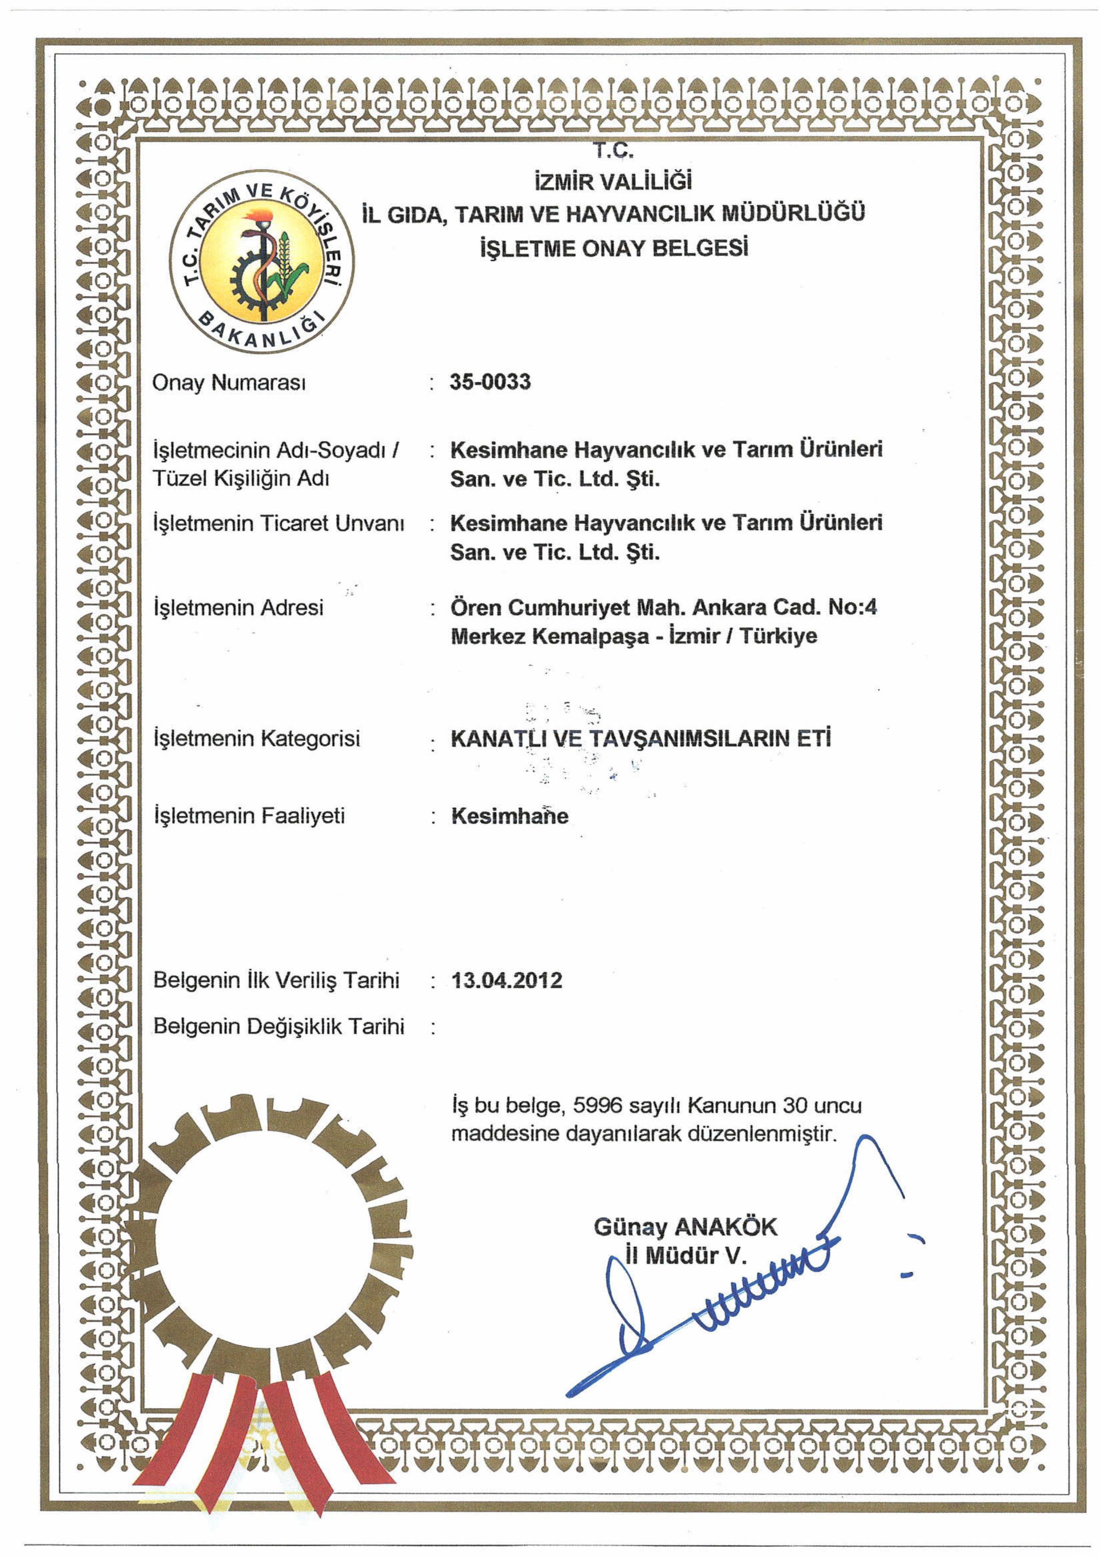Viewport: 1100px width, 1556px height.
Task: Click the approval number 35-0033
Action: (490, 382)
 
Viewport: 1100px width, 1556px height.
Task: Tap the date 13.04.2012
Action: (507, 981)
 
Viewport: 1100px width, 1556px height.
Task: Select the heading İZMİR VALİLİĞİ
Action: (613, 181)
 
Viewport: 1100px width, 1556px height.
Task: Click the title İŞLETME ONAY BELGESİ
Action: (614, 248)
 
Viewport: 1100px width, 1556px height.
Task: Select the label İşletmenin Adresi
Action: (239, 607)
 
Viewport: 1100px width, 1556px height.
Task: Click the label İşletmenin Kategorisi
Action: (257, 738)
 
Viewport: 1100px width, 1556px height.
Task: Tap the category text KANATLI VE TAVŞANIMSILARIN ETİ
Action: (641, 738)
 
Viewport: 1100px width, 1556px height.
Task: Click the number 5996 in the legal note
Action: (597, 1106)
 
